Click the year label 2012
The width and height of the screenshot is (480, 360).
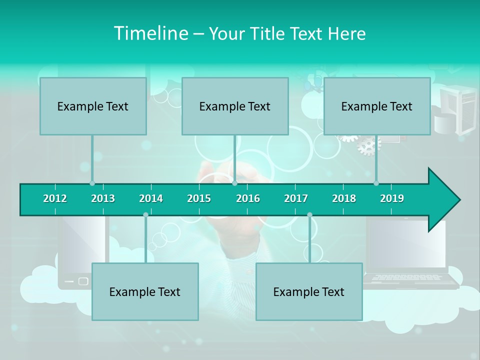[x=55, y=198]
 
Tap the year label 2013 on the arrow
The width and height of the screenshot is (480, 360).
[x=103, y=198]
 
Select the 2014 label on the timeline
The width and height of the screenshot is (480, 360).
[x=151, y=198]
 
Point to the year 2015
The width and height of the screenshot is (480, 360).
[x=199, y=198]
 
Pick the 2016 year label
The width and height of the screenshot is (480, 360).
[x=248, y=198]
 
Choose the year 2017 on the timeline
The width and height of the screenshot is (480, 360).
[x=296, y=198]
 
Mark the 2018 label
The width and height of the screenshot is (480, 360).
[x=344, y=198]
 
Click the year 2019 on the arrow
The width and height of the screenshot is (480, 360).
[x=392, y=198]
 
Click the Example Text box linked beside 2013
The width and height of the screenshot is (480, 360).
[x=93, y=106]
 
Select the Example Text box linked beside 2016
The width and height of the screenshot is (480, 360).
[x=235, y=106]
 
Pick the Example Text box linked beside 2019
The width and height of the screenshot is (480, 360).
[x=377, y=106]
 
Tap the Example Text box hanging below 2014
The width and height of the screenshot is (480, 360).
[x=145, y=291]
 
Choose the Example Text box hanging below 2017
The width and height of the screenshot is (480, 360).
[x=309, y=291]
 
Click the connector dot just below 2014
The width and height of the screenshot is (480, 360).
[x=145, y=214]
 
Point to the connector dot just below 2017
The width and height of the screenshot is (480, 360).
[x=309, y=214]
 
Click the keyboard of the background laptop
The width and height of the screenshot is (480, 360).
[x=407, y=277]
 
